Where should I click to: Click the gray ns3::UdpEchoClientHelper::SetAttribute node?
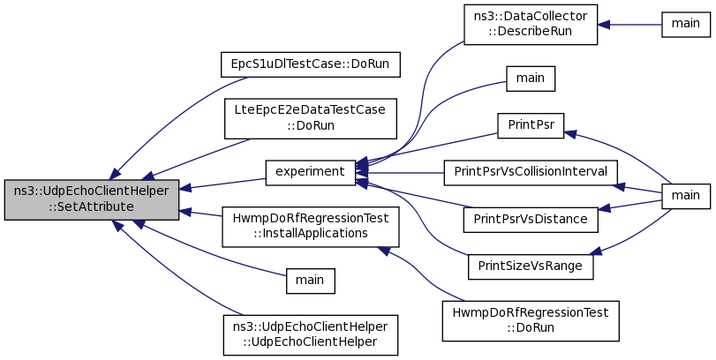91,199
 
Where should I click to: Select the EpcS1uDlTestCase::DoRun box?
311,64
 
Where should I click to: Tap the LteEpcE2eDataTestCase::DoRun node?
311,118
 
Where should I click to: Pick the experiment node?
311,172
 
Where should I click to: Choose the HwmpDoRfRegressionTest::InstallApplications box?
311,227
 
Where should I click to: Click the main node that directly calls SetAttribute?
311,281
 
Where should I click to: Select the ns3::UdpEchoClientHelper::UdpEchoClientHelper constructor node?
311,335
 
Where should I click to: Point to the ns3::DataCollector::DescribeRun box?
531,25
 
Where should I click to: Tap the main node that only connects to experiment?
531,79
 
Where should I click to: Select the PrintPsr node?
531,126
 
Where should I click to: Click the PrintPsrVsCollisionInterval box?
531,172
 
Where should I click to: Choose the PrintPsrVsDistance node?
531,220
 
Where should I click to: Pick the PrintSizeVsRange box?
531,266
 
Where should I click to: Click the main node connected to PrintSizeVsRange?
686,196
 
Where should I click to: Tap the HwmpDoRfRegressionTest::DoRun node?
531,321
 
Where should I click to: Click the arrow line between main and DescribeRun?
629,25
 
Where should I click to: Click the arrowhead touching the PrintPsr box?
569,134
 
